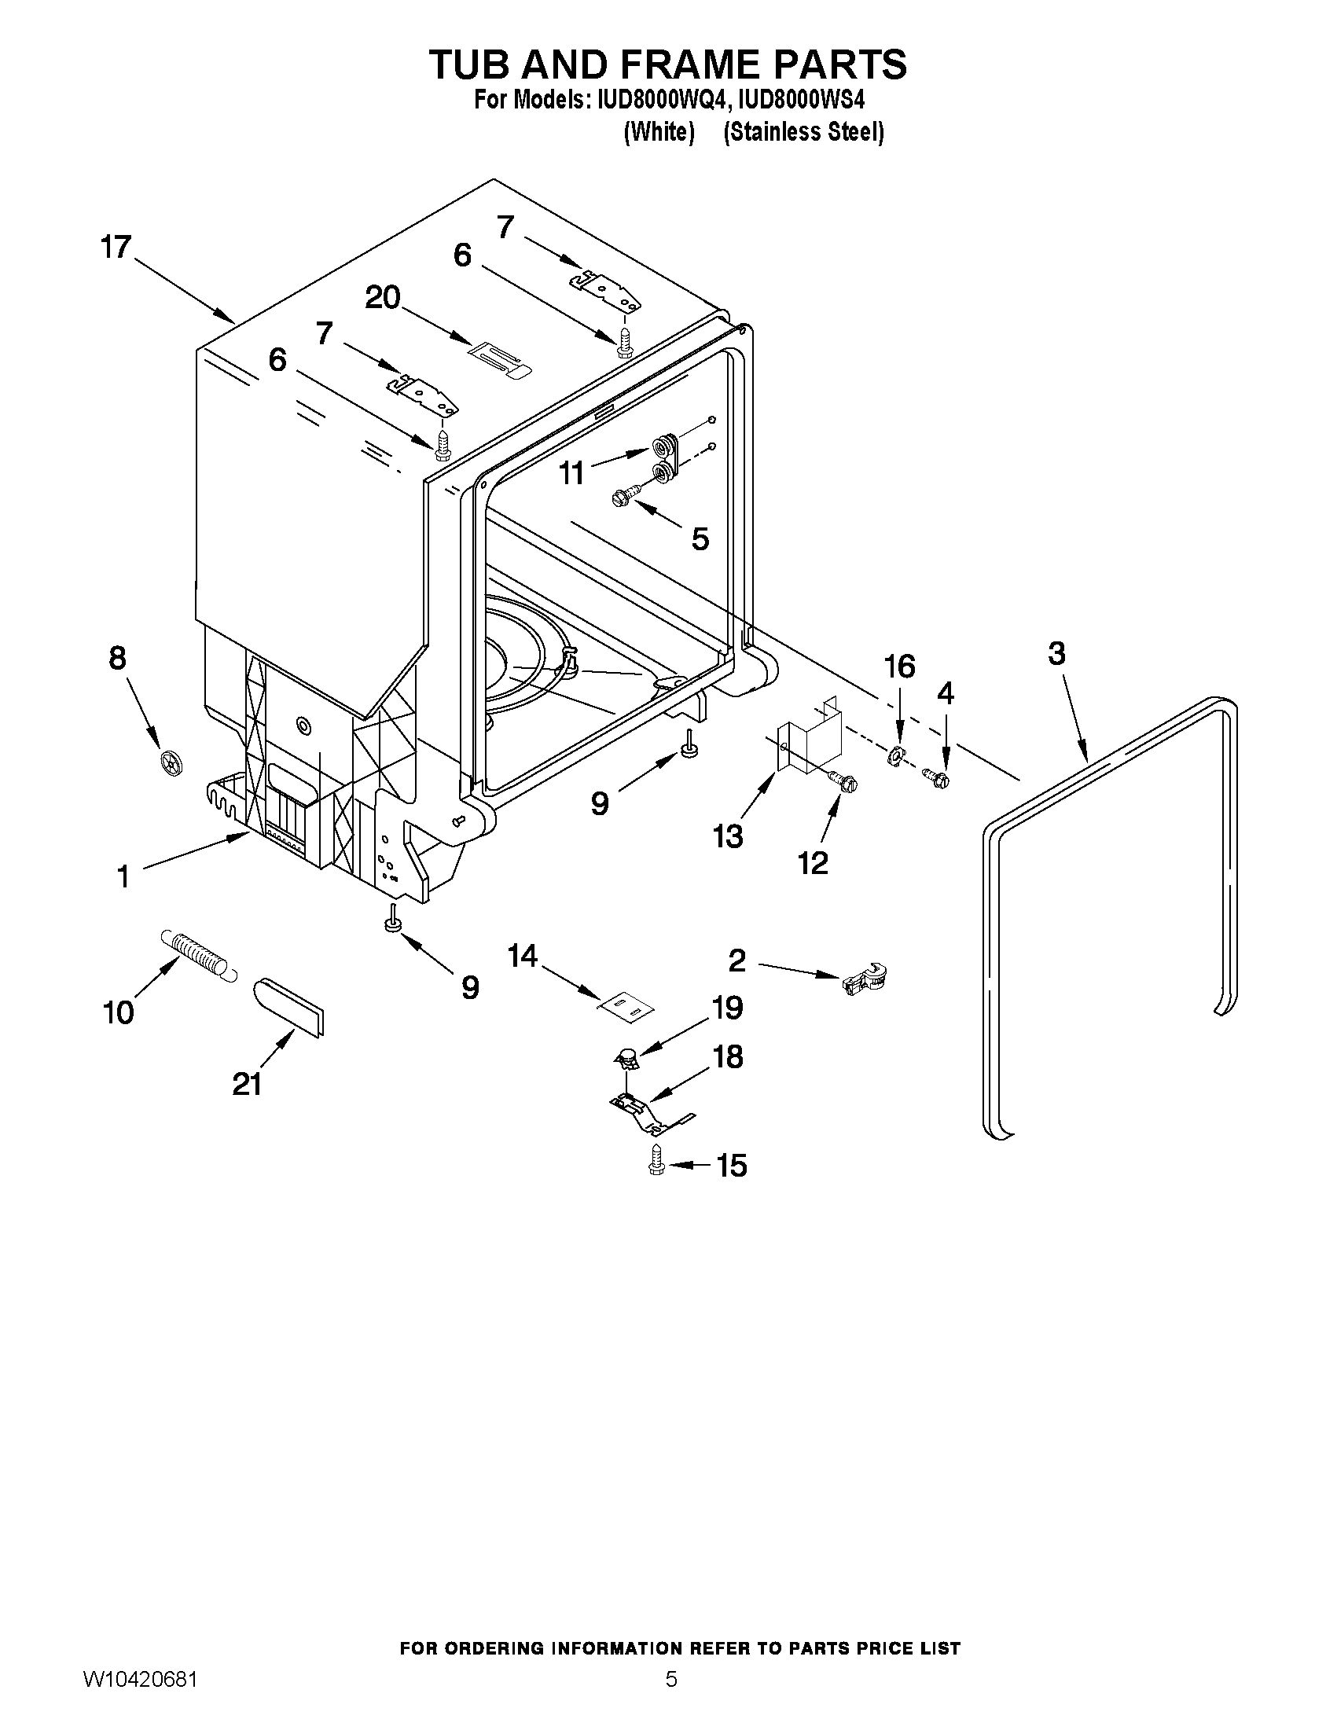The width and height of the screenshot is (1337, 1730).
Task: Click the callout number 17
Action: click(116, 247)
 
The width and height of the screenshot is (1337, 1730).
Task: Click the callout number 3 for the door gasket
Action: click(1056, 654)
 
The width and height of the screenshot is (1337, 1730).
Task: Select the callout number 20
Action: click(383, 298)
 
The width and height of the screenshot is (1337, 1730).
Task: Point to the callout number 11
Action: click(571, 474)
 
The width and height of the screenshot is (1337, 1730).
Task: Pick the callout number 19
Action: click(727, 1008)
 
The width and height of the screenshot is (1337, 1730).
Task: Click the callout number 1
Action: click(123, 876)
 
